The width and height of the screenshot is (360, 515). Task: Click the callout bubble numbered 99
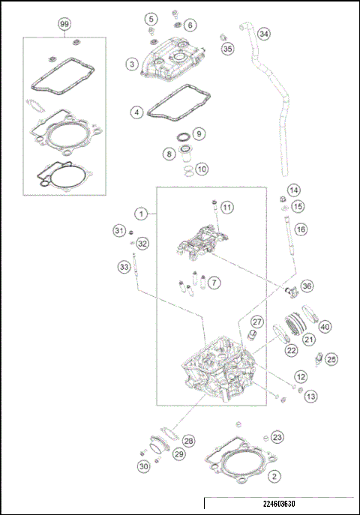pos(64,24)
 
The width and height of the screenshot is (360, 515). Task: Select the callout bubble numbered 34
pos(263,34)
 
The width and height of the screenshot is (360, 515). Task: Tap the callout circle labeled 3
pos(132,65)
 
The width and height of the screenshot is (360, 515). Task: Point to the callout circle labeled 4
pos(136,112)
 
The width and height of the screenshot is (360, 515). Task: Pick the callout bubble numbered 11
pos(227,207)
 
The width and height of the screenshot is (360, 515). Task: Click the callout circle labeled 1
pos(140,213)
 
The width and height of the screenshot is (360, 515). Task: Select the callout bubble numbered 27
pos(256,322)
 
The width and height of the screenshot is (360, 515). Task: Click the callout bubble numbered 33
pos(124,266)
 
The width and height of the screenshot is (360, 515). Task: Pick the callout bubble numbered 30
pos(143,466)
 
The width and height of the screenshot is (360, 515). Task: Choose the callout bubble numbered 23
pos(277,437)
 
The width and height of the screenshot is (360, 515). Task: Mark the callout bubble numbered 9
pos(199,133)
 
